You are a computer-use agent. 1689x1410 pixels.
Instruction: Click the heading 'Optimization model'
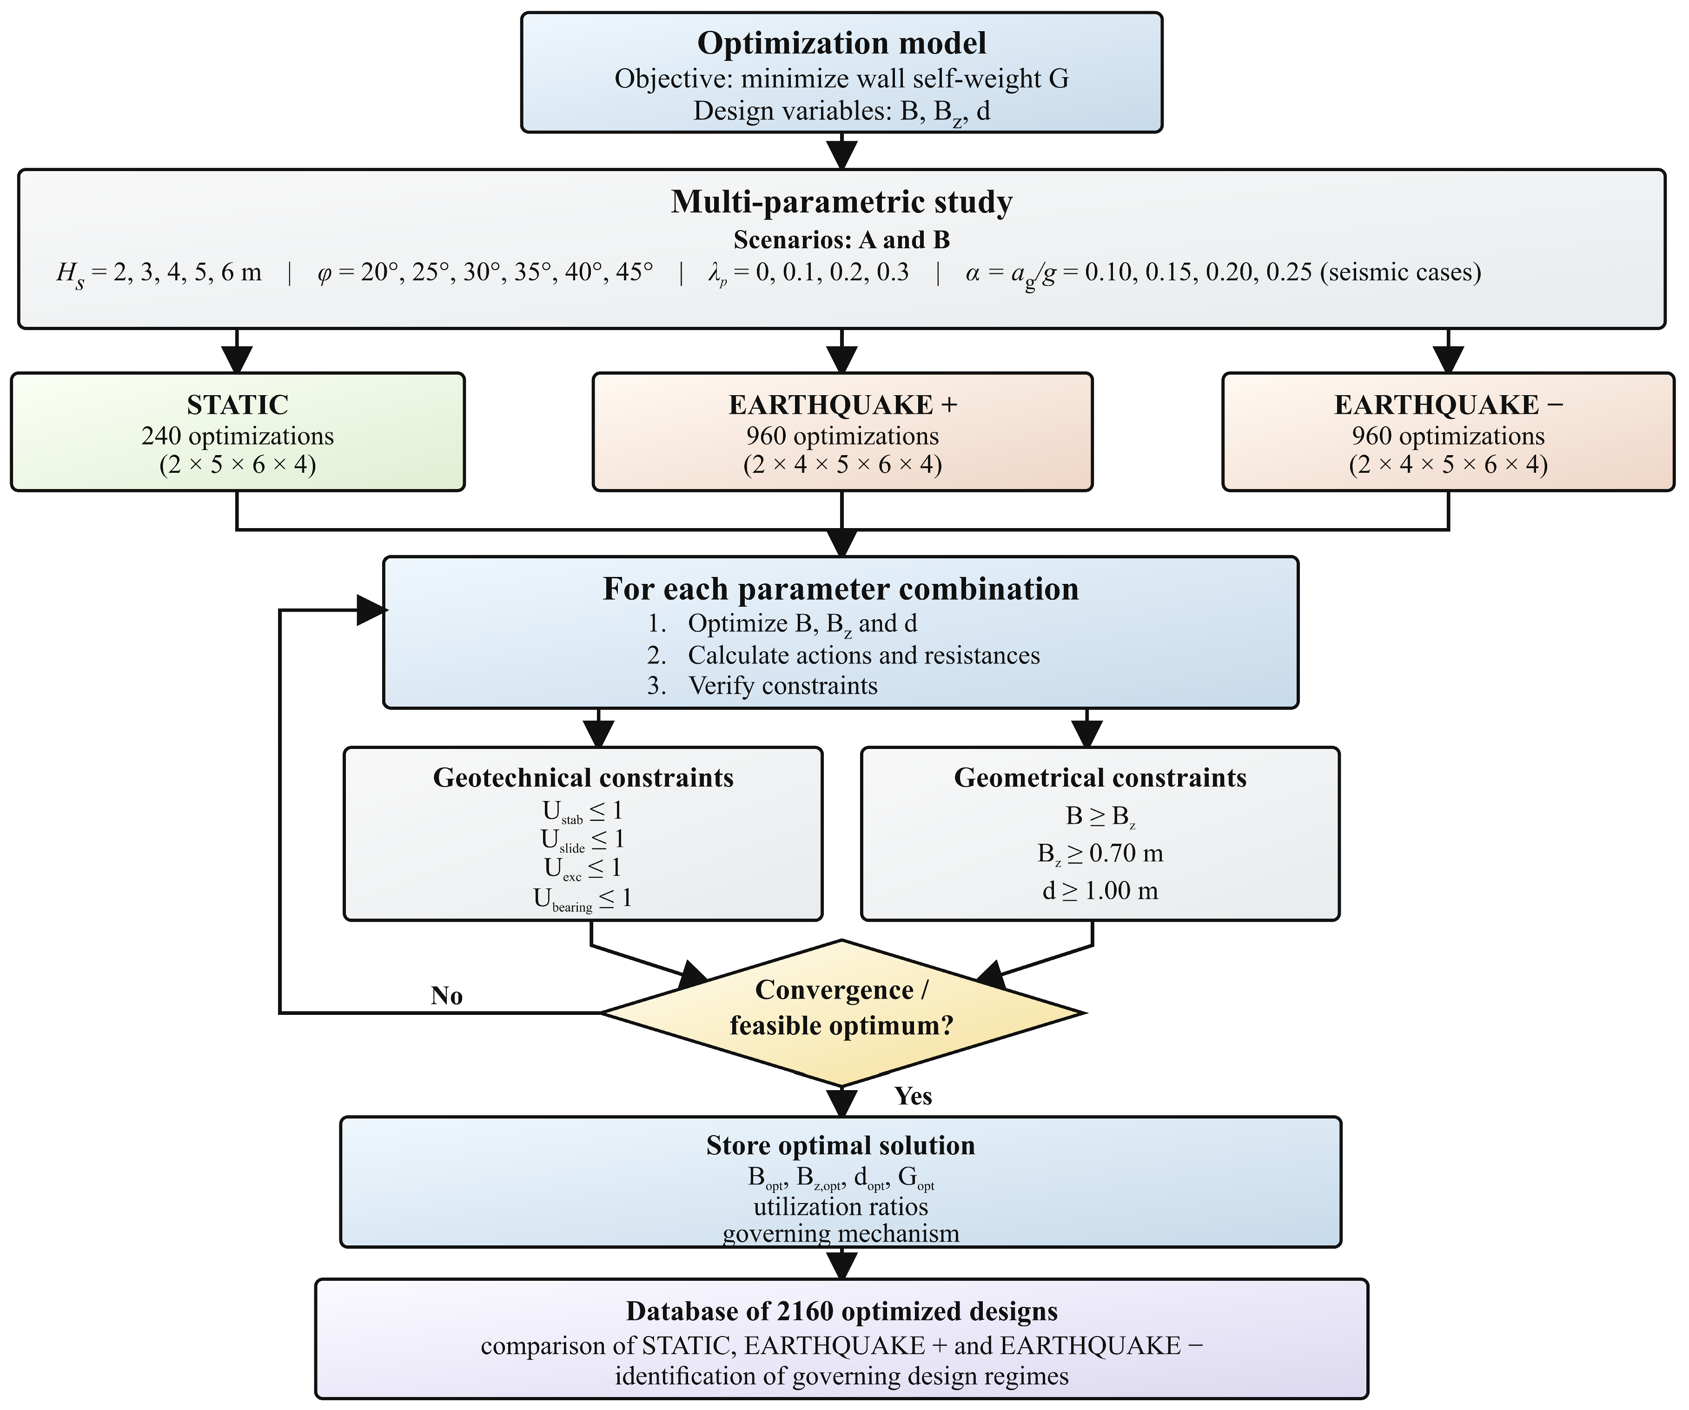click(x=841, y=43)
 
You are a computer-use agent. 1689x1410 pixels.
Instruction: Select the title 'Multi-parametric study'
click(x=841, y=202)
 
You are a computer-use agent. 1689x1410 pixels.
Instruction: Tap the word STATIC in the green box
click(x=237, y=404)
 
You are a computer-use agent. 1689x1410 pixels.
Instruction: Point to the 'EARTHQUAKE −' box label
click(x=1449, y=404)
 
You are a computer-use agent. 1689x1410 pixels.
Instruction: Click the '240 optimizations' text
click(x=237, y=436)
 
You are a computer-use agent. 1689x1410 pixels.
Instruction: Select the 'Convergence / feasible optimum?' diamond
click(x=842, y=1013)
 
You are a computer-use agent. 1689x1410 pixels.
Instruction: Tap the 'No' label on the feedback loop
click(x=446, y=996)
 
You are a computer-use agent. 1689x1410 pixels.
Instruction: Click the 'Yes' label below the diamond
click(x=913, y=1096)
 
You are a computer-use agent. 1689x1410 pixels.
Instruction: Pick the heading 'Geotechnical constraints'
click(x=583, y=778)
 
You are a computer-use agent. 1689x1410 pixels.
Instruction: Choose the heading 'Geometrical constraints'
click(x=1100, y=778)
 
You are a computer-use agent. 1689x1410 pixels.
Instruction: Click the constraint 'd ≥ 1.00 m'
click(x=1100, y=890)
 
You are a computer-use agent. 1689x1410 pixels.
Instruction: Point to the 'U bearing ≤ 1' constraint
click(x=583, y=899)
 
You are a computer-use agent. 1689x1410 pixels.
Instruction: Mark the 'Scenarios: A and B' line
click(x=841, y=240)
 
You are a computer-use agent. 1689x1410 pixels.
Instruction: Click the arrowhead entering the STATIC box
click(x=237, y=359)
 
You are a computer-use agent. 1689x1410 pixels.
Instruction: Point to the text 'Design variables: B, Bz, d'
click(x=841, y=112)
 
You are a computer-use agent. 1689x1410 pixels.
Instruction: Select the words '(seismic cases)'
click(x=1400, y=272)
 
